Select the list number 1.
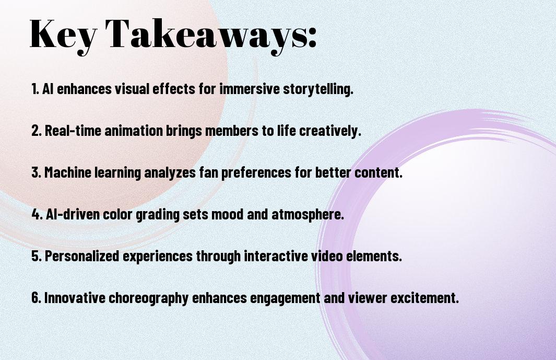35,89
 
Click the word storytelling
318,89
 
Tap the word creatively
330,131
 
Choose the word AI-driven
73,214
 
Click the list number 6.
36,298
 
